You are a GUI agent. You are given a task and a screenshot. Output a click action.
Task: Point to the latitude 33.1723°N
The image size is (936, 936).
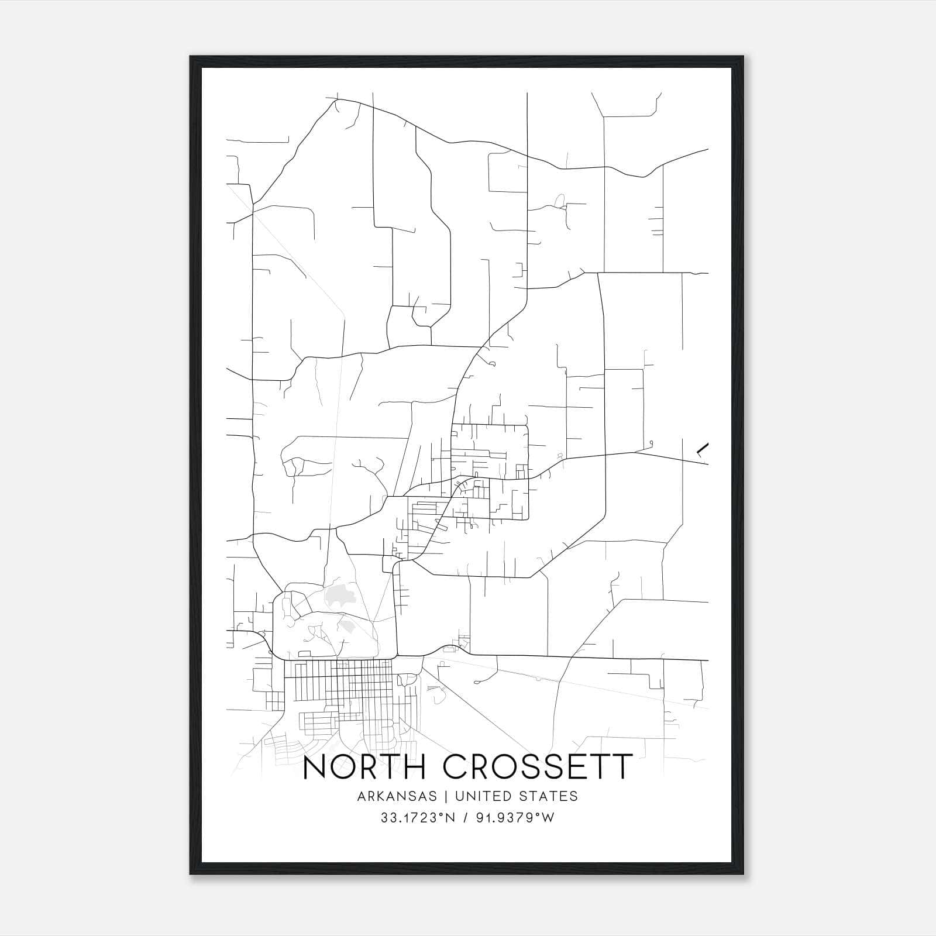(x=418, y=818)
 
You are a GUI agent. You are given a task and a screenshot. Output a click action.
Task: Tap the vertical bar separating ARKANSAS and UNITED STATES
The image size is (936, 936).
(x=446, y=796)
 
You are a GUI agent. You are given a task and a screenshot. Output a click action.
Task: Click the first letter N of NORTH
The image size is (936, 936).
(x=315, y=767)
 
